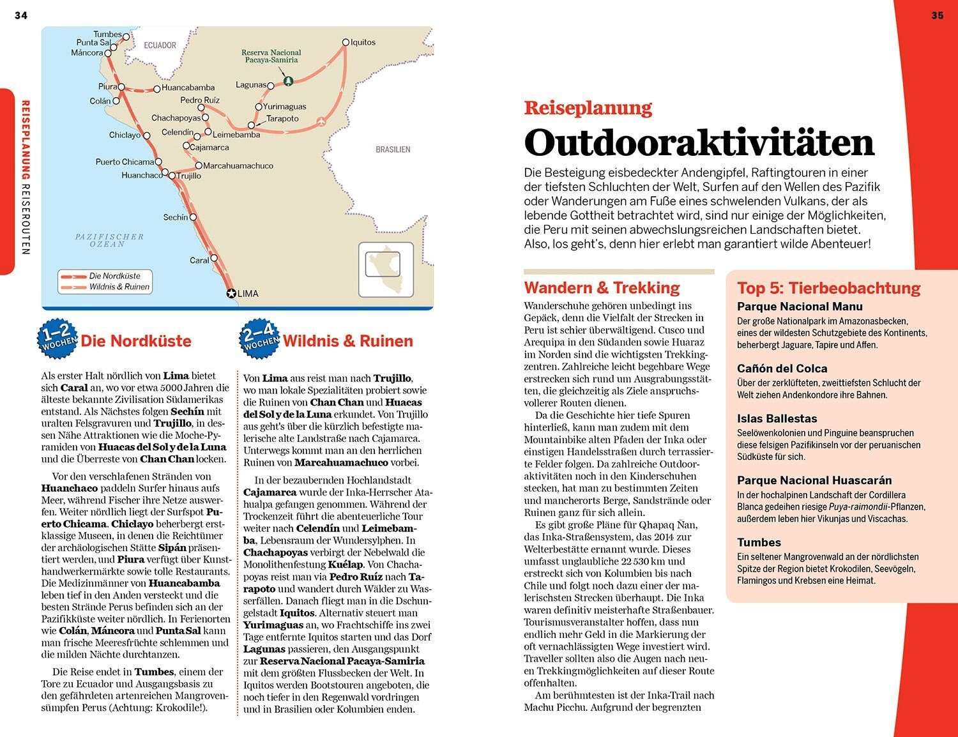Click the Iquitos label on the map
click(363, 42)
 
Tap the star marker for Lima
click(231, 293)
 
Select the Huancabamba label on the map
click(188, 87)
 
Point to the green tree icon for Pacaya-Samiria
click(288, 80)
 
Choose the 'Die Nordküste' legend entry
click(114, 276)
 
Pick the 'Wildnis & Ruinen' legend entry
click(119, 287)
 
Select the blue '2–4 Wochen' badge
click(259, 338)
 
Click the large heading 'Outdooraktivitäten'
click(699, 142)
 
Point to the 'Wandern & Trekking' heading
click(602, 287)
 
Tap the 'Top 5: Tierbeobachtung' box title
click(828, 288)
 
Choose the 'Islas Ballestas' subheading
click(777, 418)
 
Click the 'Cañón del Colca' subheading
click(782, 369)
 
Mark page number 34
click(21, 15)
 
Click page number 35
click(937, 15)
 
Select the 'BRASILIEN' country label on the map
click(393, 149)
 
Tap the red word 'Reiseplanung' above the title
click(588, 108)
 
